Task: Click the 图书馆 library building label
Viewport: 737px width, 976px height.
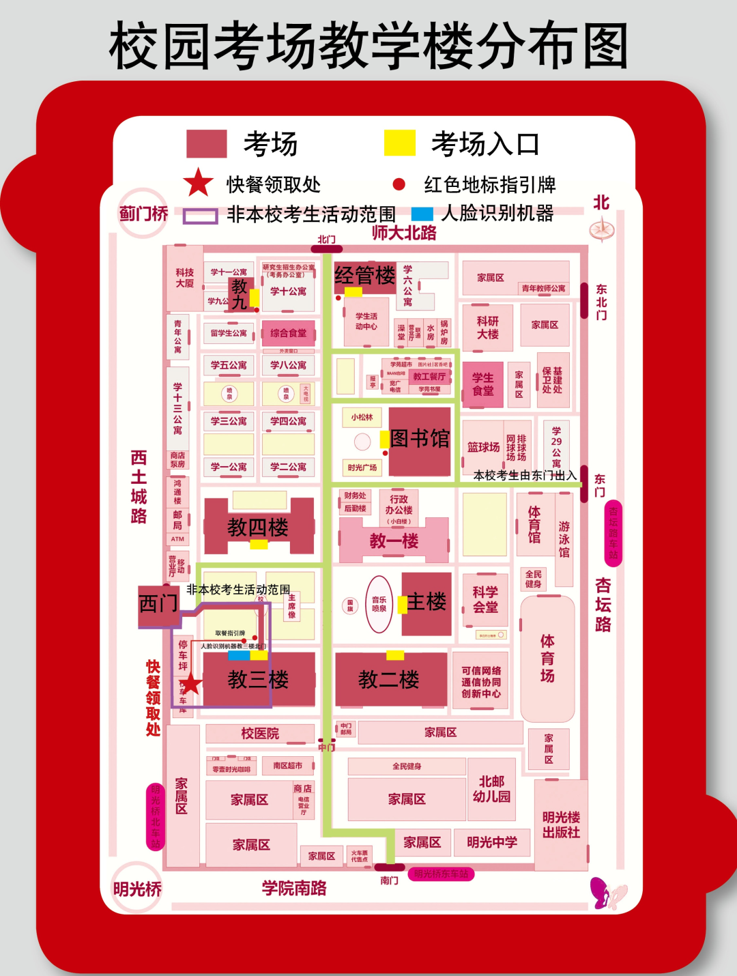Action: tap(420, 438)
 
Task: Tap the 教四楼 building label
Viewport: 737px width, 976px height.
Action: tap(258, 527)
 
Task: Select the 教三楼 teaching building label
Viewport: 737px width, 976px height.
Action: tap(258, 679)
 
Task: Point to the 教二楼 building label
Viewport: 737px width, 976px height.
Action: tap(388, 679)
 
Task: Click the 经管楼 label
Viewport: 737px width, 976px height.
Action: tap(364, 275)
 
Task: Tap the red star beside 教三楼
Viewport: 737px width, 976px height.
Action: tap(190, 683)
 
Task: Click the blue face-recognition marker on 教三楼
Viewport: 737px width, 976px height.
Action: tap(238, 655)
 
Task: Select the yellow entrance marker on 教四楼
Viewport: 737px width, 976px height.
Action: tap(259, 544)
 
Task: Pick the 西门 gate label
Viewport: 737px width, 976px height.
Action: tap(159, 603)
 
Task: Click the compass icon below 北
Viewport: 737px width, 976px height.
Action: tap(602, 229)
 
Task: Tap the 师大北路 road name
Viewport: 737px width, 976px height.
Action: tap(404, 233)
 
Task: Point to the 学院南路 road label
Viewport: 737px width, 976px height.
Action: tap(294, 888)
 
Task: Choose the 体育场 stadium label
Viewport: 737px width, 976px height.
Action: tap(547, 658)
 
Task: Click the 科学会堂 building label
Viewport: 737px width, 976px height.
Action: tap(485, 599)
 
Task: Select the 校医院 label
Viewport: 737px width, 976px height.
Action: tap(260, 734)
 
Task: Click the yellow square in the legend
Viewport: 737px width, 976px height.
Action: tap(399, 143)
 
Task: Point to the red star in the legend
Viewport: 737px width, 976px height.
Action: tap(198, 183)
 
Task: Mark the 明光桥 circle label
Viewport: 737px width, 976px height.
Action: tap(137, 889)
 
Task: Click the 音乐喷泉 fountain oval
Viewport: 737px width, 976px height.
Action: tap(379, 604)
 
